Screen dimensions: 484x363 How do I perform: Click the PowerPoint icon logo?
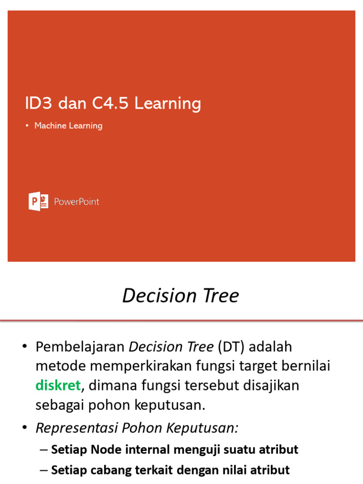pos(38,201)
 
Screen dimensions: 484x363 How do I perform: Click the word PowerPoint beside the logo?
pos(77,202)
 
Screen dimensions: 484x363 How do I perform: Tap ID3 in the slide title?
pos(36,103)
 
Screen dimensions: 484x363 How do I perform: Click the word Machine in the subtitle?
pos(50,126)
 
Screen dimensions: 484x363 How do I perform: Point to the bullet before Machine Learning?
pos(27,126)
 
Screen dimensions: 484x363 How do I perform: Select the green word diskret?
pos(58,385)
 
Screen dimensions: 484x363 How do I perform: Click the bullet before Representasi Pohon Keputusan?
pos(25,428)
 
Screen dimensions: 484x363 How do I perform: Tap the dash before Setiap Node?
pos(44,449)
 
